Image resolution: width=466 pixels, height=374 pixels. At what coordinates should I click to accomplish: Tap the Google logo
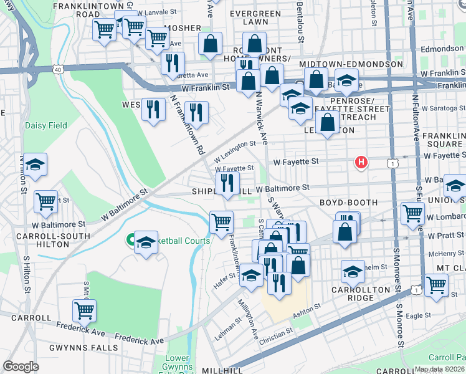tap(21, 367)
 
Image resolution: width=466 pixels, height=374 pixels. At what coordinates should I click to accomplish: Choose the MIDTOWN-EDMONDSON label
tap(351, 65)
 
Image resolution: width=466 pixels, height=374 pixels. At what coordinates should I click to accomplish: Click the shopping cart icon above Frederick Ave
tap(84, 309)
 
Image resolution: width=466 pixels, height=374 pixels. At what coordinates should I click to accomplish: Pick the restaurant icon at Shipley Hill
tap(227, 183)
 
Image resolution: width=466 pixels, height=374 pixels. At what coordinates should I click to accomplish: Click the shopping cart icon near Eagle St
tap(436, 285)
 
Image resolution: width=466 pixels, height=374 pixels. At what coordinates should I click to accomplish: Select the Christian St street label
tap(275, 333)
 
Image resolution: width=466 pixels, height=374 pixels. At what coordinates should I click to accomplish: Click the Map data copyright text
tap(439, 369)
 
